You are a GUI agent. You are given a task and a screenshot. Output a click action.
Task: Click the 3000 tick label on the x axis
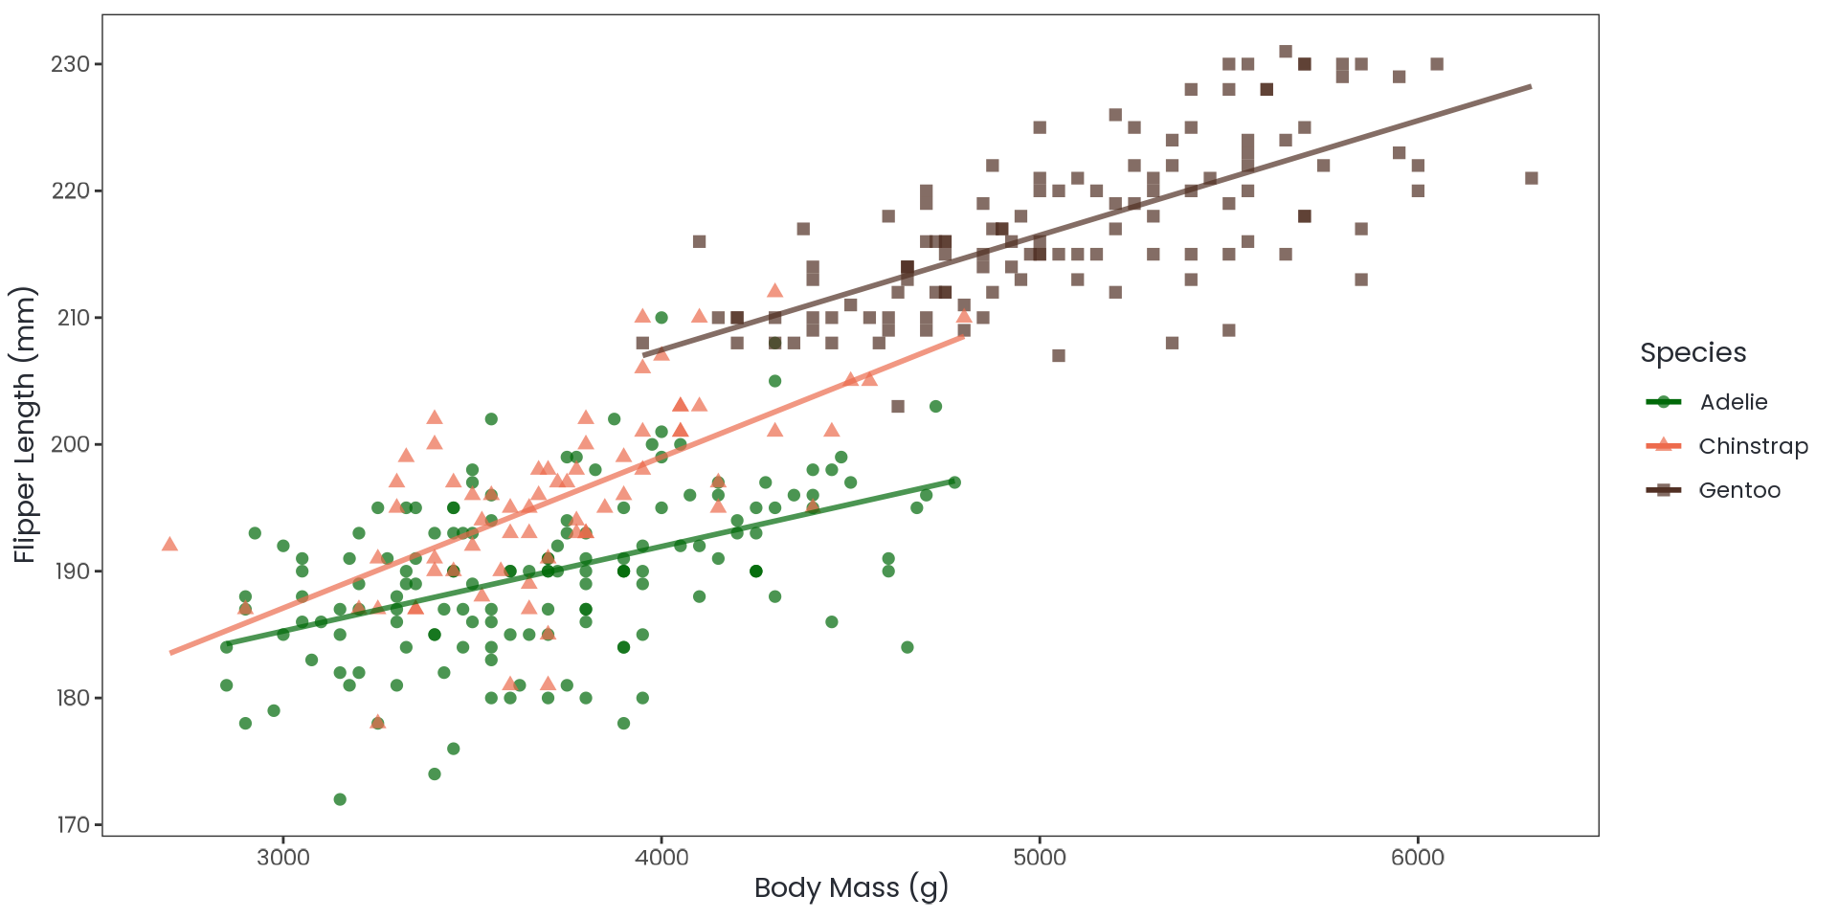pyautogui.click(x=283, y=857)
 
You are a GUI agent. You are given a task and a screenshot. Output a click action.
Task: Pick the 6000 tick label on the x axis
pyautogui.click(x=1418, y=857)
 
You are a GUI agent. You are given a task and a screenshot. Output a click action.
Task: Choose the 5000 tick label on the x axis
pyautogui.click(x=1040, y=857)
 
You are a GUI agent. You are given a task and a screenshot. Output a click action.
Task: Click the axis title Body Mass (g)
pyautogui.click(x=851, y=887)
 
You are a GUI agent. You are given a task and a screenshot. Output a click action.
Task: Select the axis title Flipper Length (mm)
pyautogui.click(x=24, y=424)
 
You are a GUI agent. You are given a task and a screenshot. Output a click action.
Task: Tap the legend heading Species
pyautogui.click(x=1692, y=352)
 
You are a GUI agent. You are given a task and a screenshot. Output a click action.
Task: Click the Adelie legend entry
pyautogui.click(x=1733, y=402)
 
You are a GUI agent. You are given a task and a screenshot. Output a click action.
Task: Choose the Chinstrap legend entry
pyautogui.click(x=1753, y=446)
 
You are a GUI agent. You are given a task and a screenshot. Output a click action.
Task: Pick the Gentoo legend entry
pyautogui.click(x=1738, y=490)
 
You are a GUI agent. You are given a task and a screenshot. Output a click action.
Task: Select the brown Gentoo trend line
pyautogui.click(x=1149, y=193)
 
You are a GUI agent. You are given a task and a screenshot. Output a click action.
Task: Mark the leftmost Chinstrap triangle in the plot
pyautogui.click(x=169, y=544)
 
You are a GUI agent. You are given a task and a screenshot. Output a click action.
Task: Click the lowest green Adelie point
pyautogui.click(x=340, y=799)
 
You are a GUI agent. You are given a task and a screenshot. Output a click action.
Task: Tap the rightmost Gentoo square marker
pyautogui.click(x=1532, y=178)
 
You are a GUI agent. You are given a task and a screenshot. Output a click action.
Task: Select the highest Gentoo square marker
pyautogui.click(x=1286, y=52)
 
